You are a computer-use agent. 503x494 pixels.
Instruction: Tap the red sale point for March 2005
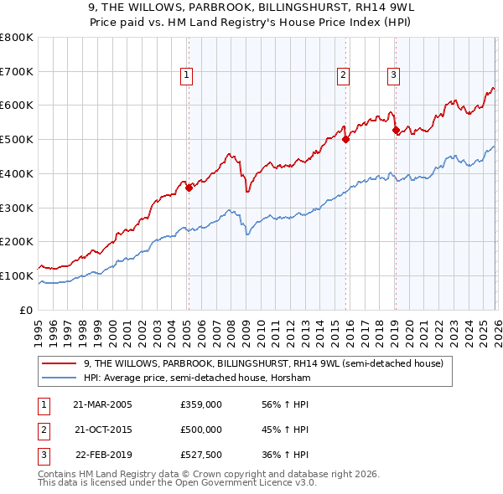[189, 188]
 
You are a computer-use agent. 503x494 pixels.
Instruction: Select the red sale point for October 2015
[345, 140]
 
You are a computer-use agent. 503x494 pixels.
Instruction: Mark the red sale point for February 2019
[395, 130]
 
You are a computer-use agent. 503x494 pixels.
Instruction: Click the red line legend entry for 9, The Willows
[268, 363]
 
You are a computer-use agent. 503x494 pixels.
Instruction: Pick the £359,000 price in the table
[200, 404]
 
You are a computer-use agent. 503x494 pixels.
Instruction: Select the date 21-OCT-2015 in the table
[102, 430]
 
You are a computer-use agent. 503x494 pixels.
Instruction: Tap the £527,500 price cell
[200, 455]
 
